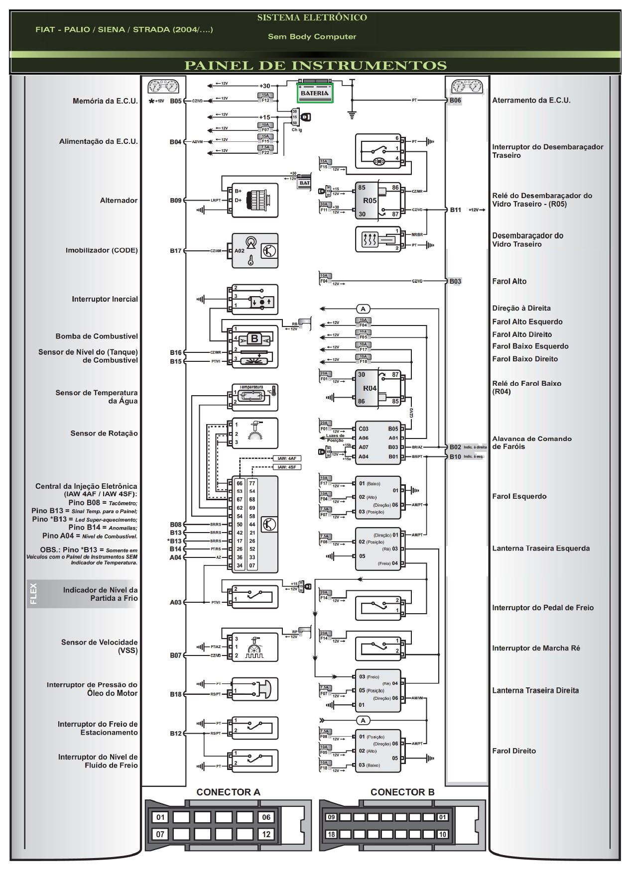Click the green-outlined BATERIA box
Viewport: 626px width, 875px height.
(x=315, y=93)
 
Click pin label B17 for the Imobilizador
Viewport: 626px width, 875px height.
(x=175, y=251)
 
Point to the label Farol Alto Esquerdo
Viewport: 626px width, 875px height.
(x=527, y=322)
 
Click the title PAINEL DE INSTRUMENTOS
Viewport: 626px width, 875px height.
(x=315, y=66)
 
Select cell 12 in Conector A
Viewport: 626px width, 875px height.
(x=266, y=834)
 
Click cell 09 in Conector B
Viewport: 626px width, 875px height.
(x=331, y=817)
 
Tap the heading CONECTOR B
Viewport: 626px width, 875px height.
(x=402, y=792)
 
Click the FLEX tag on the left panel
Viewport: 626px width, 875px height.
(x=33, y=594)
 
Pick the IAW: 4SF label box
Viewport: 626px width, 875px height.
(x=287, y=467)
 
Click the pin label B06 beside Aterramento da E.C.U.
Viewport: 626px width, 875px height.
(x=455, y=101)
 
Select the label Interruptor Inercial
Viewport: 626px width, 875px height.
(x=105, y=299)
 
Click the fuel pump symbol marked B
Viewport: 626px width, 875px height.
(x=254, y=339)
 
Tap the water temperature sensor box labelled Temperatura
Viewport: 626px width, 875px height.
(x=254, y=396)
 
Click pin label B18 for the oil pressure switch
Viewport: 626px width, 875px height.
(x=175, y=694)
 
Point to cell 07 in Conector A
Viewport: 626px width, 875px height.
(x=160, y=834)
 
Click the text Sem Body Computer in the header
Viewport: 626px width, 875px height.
(x=312, y=37)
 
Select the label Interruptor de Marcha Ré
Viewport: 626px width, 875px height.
(x=535, y=648)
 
